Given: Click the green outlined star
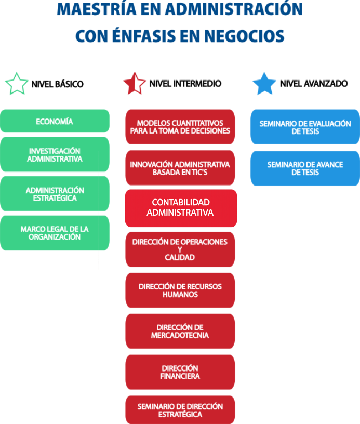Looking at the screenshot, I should pyautogui.click(x=17, y=84).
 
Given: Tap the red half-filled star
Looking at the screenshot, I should pyautogui.click(x=135, y=84).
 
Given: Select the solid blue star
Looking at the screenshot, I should pyautogui.click(x=264, y=84).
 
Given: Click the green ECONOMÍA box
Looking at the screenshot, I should pyautogui.click(x=55, y=122).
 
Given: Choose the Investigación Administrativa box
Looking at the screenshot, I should pyautogui.click(x=55, y=155).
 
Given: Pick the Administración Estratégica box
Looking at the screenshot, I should pyautogui.click(x=55, y=194).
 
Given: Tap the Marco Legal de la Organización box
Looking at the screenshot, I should pyautogui.click(x=55, y=232).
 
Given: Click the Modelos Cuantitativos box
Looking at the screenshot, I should pyautogui.click(x=180, y=127).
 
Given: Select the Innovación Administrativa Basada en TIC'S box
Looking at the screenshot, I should pyautogui.click(x=180, y=168).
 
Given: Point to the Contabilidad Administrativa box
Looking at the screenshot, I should pyautogui.click(x=180, y=207).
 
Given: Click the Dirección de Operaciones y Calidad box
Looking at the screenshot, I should pyautogui.click(x=180, y=249).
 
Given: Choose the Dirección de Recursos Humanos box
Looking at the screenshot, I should pyautogui.click(x=180, y=290).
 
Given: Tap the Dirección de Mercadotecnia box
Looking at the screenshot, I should pyautogui.click(x=180, y=331).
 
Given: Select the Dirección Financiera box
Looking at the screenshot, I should pyautogui.click(x=180, y=372).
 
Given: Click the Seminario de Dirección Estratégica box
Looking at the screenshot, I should pyautogui.click(x=180, y=410).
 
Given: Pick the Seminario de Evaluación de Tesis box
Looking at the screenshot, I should pyautogui.click(x=305, y=127).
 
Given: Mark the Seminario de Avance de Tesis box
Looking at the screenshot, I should pyautogui.click(x=305, y=168).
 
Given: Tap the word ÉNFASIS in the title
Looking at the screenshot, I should pyautogui.click(x=157, y=36).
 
